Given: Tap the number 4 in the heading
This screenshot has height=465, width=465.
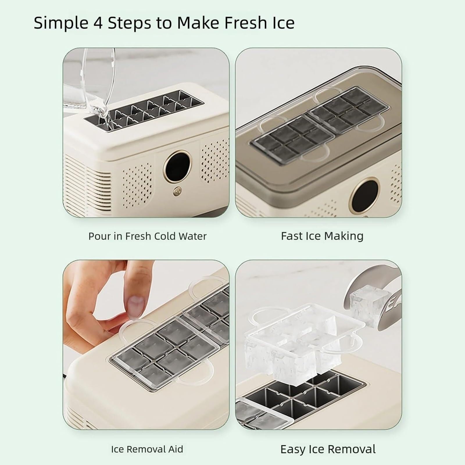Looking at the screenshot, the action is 98,23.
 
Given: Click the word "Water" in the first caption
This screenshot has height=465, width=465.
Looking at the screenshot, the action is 192,236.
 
